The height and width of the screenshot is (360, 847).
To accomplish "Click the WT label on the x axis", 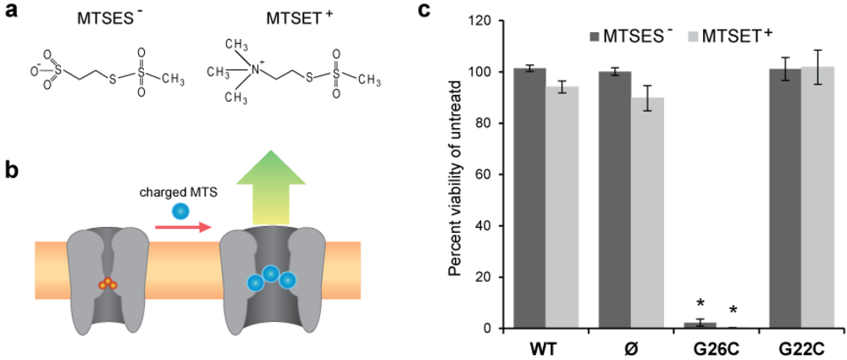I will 545,348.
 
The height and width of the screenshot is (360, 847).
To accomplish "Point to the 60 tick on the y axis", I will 492,174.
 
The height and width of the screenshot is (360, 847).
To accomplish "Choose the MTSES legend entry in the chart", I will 631,35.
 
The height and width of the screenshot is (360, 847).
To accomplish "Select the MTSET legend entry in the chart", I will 734,35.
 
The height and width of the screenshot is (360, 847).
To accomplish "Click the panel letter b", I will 11,169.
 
